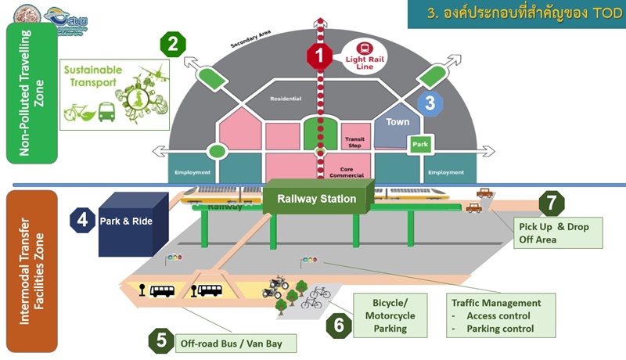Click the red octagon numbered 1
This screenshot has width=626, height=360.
point(320,56)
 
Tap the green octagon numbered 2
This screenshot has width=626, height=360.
point(173,44)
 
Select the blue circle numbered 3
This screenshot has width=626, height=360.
point(430,103)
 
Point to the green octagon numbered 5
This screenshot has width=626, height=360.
point(161,341)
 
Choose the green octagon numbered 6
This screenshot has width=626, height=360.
point(339,324)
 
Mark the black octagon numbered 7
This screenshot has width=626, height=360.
point(552,203)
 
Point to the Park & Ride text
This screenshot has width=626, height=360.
point(126,221)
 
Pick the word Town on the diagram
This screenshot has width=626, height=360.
point(398,123)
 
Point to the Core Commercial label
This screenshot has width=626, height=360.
point(354,171)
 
